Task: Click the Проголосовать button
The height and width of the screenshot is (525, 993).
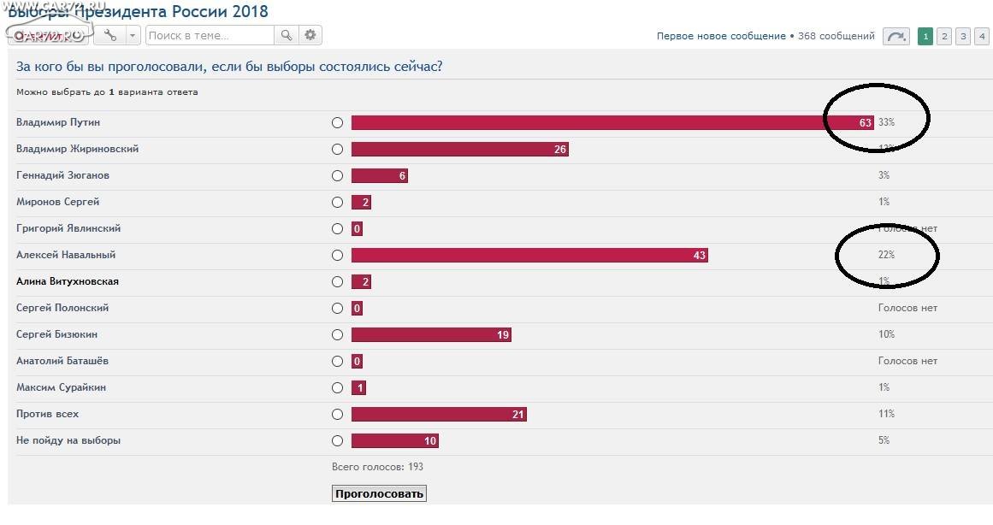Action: (378, 493)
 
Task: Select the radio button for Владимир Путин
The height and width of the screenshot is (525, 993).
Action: (337, 122)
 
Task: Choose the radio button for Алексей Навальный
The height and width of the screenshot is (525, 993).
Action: (337, 255)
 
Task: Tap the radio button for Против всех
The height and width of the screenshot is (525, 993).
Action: (337, 414)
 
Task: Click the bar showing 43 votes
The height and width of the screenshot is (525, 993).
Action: (529, 255)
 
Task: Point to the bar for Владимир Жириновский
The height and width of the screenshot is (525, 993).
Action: (459, 149)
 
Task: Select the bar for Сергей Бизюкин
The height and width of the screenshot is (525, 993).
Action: (431, 334)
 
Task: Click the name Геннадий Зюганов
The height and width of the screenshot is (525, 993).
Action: (62, 175)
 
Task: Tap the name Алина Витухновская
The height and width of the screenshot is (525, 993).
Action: (68, 281)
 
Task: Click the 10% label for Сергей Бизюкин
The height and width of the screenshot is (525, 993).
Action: (886, 334)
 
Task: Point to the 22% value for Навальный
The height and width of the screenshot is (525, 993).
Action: (886, 255)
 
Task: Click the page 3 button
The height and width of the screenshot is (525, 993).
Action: (963, 36)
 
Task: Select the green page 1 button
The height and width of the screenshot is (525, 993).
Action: (925, 36)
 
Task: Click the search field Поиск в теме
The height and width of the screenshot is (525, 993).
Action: (210, 35)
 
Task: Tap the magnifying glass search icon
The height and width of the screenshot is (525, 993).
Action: (287, 35)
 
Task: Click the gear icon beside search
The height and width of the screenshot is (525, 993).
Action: (310, 35)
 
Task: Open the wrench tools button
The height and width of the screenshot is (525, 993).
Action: (110, 35)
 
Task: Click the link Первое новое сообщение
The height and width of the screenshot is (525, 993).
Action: (721, 36)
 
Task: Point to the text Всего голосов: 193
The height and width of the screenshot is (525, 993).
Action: (377, 467)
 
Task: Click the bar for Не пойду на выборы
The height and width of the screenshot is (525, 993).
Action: (394, 440)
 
